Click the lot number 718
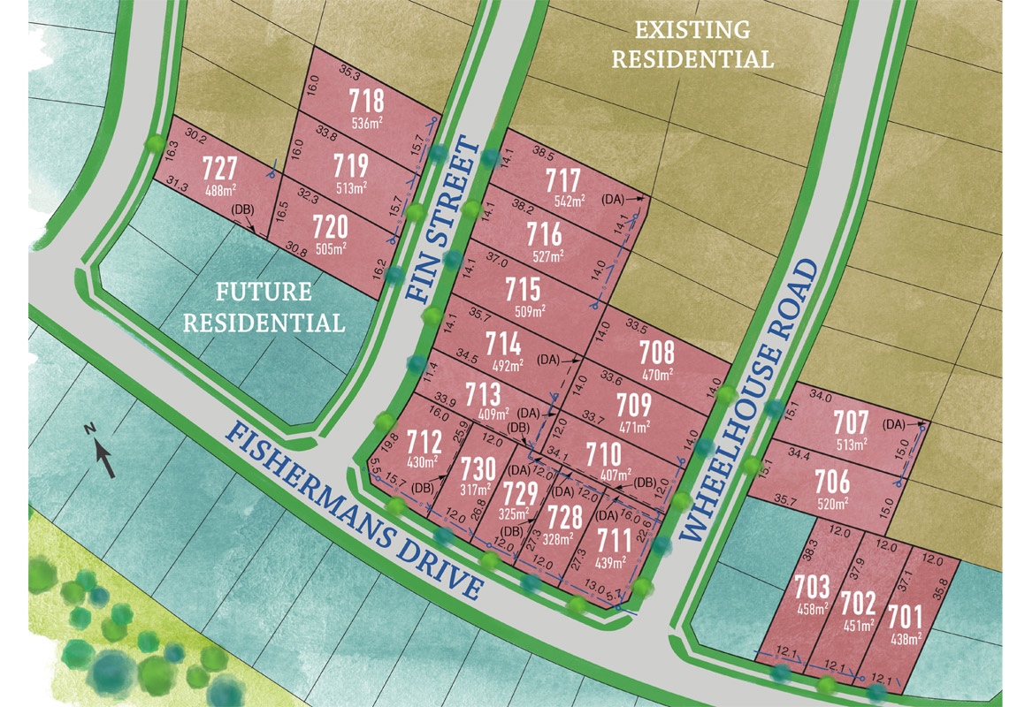tap(366, 97)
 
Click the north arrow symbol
tap(103, 452)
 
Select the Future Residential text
tap(264, 307)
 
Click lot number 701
tap(904, 615)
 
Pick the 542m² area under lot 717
tap(570, 201)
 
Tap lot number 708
tap(656, 353)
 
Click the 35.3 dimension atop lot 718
tap(350, 74)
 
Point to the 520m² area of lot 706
tap(832, 503)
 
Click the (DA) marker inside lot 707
tap(894, 424)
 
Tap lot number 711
tap(611, 539)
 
